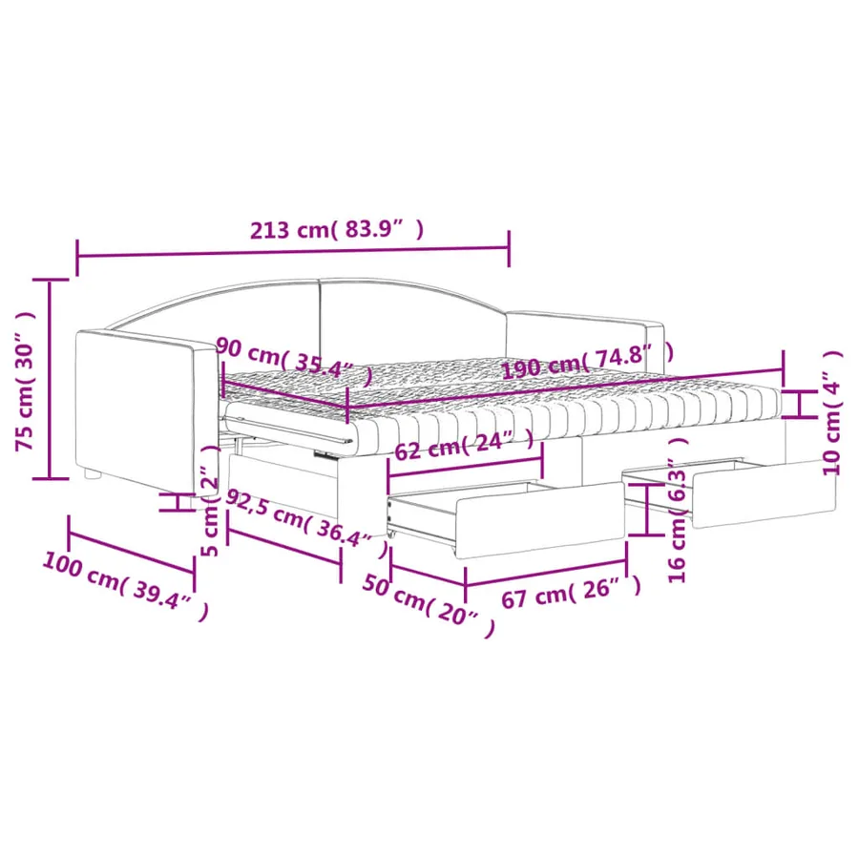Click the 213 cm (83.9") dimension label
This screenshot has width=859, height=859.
coord(337,229)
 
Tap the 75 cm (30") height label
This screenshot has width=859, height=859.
coord(25,381)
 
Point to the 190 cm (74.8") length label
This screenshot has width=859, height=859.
coord(588,361)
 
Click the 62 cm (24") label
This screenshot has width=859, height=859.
coord(464,444)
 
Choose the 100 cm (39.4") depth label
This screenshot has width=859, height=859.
coord(125,586)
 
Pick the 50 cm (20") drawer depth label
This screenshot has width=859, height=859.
coord(429,606)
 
